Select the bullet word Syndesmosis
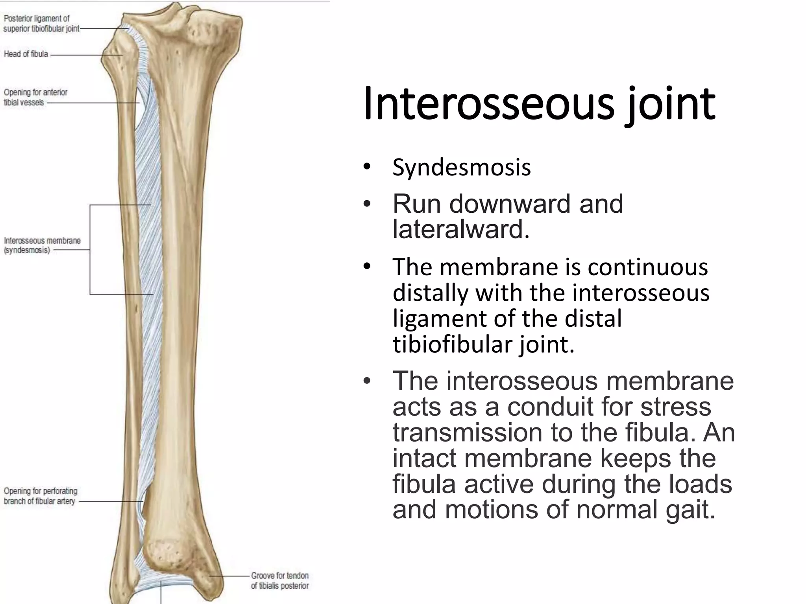(461, 168)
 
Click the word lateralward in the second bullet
(460, 229)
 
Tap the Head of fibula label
(26, 54)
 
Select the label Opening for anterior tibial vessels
(35, 97)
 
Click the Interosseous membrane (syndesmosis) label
(42, 245)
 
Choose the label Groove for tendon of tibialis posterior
(280, 580)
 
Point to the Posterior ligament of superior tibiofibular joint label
(41, 24)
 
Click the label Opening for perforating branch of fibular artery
(40, 496)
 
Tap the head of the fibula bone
(118, 53)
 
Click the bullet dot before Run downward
(367, 204)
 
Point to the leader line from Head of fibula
(87, 55)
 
